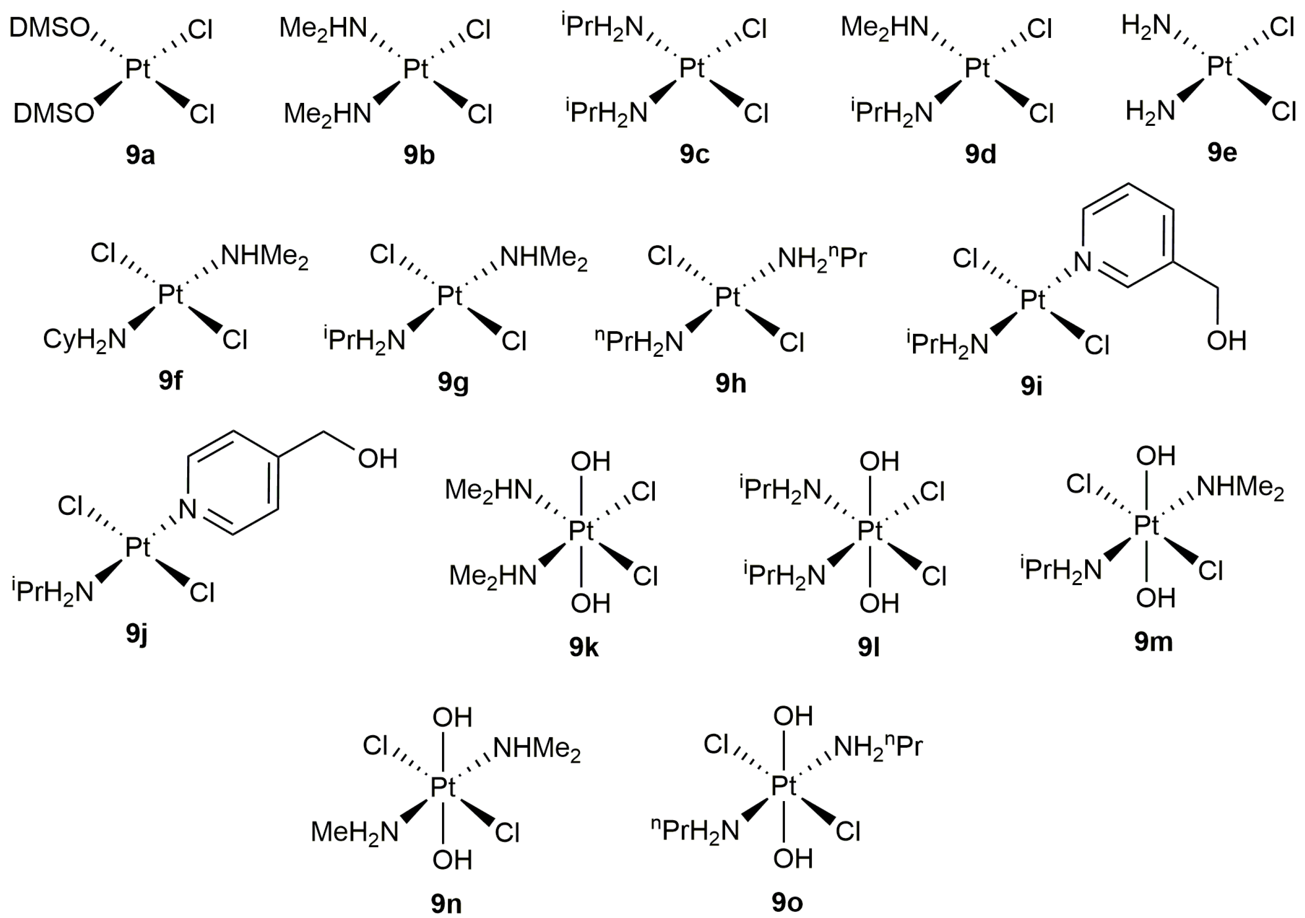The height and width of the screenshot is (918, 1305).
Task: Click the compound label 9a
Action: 140,155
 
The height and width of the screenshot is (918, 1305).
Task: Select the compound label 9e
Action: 1222,152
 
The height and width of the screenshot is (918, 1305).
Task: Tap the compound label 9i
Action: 1031,386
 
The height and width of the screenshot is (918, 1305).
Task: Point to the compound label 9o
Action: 787,902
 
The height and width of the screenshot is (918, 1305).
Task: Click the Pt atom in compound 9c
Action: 692,69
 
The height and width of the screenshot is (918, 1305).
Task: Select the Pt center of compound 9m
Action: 1146,525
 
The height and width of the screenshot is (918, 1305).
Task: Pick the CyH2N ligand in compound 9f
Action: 85,340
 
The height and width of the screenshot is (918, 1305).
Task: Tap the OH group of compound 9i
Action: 1226,340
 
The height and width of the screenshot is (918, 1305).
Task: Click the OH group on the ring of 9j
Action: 377,458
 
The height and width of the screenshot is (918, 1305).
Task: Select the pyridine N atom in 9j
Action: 188,509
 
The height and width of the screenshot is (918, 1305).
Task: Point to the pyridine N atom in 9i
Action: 1082,262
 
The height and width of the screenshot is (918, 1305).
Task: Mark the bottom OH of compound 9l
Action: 879,604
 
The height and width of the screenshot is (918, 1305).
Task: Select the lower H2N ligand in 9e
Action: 1150,111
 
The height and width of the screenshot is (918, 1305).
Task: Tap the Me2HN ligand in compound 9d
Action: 884,27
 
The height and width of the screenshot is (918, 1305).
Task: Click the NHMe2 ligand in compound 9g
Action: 544,259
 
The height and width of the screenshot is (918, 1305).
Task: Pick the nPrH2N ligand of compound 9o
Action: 695,831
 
